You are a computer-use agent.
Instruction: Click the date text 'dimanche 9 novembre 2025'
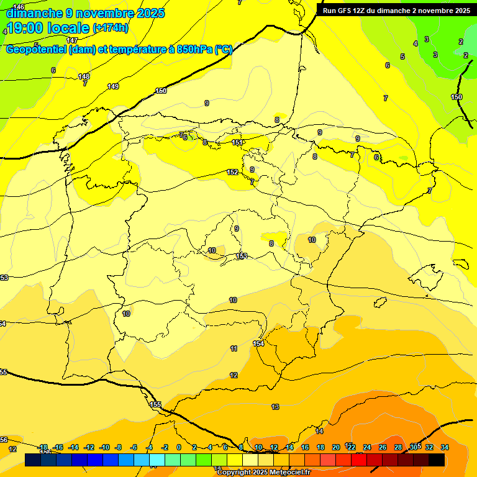85,13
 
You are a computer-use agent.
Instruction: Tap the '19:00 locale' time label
48,28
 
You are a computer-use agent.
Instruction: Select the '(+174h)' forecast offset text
111,28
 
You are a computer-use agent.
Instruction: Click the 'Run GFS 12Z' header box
396,10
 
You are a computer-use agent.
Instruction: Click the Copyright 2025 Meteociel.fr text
263,473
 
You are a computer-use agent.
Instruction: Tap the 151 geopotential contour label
237,143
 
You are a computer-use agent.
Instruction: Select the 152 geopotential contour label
232,172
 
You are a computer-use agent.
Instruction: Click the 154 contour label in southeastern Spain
259,343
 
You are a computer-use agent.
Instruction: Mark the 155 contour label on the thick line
155,404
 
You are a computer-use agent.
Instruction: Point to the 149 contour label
112,86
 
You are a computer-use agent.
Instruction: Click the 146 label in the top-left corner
19,7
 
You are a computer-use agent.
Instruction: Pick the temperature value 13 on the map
275,407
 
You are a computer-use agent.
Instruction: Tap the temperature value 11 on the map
234,348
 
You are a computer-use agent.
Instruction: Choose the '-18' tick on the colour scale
43,447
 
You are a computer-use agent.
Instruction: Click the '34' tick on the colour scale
444,447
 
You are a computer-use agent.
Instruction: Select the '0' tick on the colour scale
178,447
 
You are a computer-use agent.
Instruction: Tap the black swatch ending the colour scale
436,460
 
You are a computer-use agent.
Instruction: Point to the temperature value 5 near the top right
402,57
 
